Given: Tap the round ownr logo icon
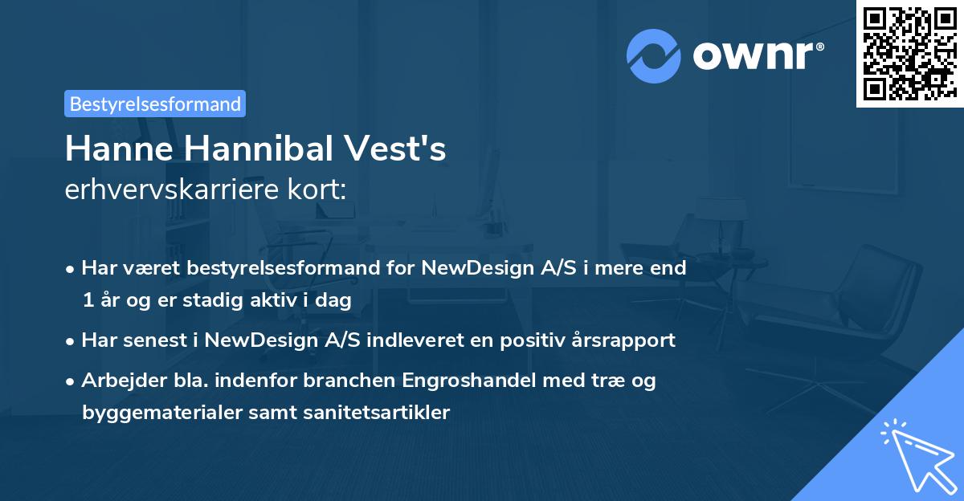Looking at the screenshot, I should pyautogui.click(x=654, y=56).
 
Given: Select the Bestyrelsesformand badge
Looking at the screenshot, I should pyautogui.click(x=155, y=104).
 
